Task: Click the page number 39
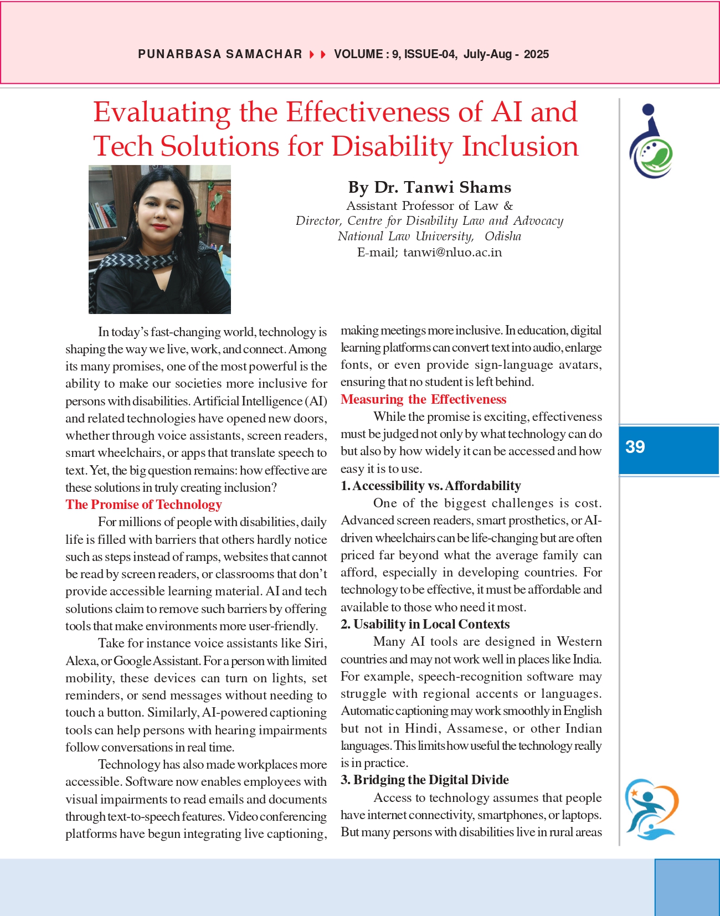point(635,447)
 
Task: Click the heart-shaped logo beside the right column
point(651,809)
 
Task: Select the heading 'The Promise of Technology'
point(143,505)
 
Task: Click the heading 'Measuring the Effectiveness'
point(423,399)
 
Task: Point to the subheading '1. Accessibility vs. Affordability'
point(431,486)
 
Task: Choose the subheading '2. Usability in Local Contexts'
point(425,624)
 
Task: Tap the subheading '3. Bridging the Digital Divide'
point(424,780)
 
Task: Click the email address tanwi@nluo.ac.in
point(452,253)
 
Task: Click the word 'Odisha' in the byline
point(503,236)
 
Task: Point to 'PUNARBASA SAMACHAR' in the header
point(220,54)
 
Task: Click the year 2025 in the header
point(536,54)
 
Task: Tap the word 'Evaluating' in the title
point(162,112)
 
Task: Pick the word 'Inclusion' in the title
point(520,147)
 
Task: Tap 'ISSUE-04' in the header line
point(430,54)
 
